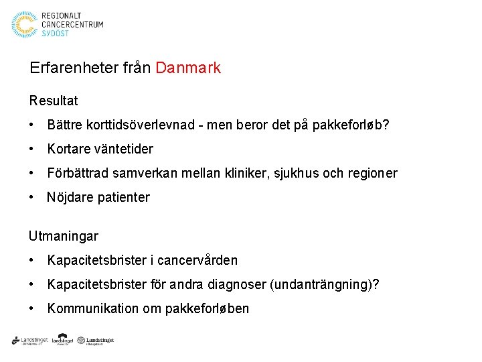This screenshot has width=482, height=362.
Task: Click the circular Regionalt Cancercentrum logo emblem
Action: [25, 25]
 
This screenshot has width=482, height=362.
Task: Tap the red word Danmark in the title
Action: [187, 68]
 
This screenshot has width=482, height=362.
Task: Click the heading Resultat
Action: [54, 101]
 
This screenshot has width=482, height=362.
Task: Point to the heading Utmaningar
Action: [64, 236]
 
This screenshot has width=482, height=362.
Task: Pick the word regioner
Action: [372, 173]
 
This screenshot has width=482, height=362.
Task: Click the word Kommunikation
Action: [89, 308]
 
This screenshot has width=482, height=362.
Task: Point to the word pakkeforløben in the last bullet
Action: [209, 308]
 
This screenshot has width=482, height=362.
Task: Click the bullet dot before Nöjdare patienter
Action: [32, 197]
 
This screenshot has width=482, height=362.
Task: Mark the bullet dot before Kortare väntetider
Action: [32, 149]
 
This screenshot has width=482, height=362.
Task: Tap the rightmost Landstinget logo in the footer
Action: [96, 341]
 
